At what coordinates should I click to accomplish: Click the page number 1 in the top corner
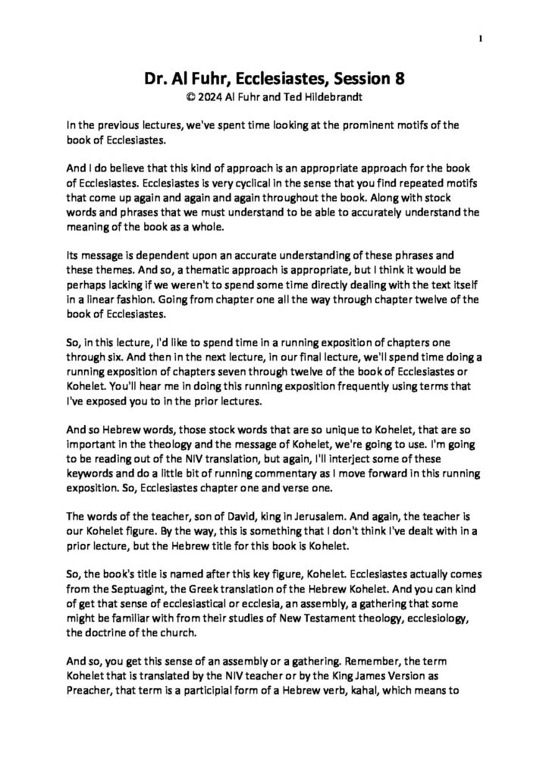coord(482,38)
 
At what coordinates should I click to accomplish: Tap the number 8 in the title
coord(400,78)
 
